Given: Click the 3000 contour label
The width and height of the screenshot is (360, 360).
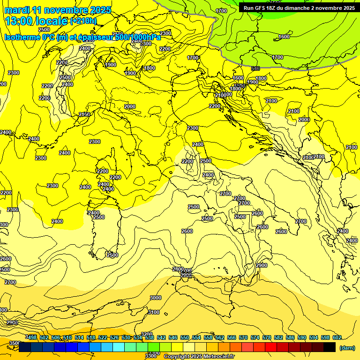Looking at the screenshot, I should tap(156, 298).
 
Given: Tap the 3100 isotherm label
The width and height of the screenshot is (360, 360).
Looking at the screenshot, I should tap(153, 312).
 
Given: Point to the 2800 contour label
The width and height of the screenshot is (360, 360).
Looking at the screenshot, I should tap(178, 269).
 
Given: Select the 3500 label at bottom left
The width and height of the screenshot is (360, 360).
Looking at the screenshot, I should tap(15, 343).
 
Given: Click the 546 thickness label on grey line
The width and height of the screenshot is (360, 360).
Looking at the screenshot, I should tap(255, 68).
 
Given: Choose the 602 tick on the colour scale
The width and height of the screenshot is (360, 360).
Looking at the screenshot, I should tap(337, 337).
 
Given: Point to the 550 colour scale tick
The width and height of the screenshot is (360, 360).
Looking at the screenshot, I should tap(185, 337).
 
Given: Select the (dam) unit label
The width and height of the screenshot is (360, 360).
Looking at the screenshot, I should tap(346, 348).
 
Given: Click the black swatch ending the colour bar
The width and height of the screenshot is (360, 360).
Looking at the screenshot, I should tap(330, 347).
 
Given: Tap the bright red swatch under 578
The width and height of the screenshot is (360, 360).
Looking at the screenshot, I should tap(271, 347).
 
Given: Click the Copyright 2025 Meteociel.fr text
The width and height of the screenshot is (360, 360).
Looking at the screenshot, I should tap(199, 356).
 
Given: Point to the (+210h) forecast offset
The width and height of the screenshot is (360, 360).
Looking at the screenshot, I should tap(83, 21).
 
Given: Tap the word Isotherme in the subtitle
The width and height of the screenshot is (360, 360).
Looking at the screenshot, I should tap(22, 37).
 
